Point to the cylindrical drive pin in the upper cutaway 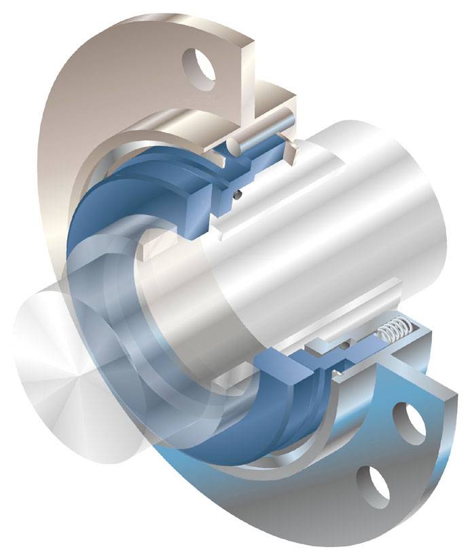(x=261, y=133)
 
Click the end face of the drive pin (x=232, y=145)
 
